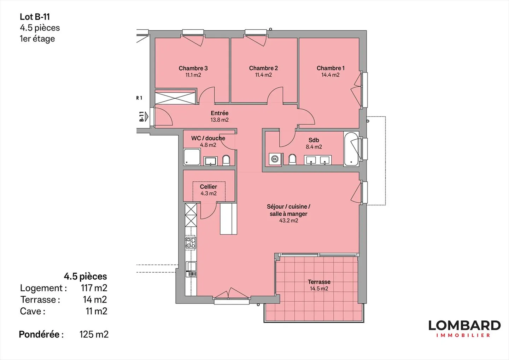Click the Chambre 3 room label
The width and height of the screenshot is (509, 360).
(193, 68)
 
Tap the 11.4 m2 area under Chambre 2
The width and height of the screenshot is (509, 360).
(263, 75)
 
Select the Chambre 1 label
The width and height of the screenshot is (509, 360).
(330, 68)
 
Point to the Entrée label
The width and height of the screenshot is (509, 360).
(220, 113)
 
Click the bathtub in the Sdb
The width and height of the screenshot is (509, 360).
(351, 149)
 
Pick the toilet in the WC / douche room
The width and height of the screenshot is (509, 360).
(226, 160)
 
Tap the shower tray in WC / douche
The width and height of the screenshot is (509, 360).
(192, 157)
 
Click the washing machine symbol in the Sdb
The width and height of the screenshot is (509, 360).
(275, 159)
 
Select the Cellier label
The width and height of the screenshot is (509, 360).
(208, 187)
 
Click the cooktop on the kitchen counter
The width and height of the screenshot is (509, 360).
(191, 243)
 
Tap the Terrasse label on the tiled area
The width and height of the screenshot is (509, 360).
(319, 282)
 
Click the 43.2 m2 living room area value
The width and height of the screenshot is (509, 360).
(288, 221)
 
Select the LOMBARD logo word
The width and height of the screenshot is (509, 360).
(464, 325)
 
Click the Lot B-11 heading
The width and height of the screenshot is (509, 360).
(35, 17)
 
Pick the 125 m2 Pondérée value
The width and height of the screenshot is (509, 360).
(94, 334)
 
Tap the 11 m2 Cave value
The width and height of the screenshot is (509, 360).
(96, 311)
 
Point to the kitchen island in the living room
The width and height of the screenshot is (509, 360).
(228, 218)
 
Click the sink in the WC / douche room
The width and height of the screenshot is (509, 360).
(210, 161)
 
